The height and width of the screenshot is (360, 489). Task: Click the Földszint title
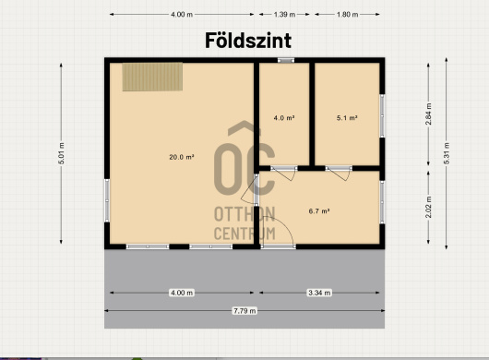pyautogui.click(x=248, y=41)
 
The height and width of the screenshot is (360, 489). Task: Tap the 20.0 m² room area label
pyautogui.click(x=182, y=157)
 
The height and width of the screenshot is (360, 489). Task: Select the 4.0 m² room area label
pyautogui.click(x=284, y=118)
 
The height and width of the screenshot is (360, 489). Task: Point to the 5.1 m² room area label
pyautogui.click(x=347, y=118)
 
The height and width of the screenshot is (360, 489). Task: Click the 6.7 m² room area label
pyautogui.click(x=319, y=211)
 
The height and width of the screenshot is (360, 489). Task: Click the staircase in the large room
pyautogui.click(x=152, y=77)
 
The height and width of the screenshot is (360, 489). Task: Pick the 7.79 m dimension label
pyautogui.click(x=244, y=311)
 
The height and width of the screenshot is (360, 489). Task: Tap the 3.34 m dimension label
pyautogui.click(x=319, y=293)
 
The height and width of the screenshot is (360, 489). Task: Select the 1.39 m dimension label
pyautogui.click(x=284, y=15)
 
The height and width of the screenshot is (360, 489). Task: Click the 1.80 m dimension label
pyautogui.click(x=347, y=15)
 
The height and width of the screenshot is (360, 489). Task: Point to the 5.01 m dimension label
pyautogui.click(x=62, y=153)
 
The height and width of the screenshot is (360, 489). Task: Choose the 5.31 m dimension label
pyautogui.click(x=447, y=153)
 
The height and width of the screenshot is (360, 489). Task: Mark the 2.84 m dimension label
pyautogui.click(x=428, y=114)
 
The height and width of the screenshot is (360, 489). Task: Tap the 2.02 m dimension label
pyautogui.click(x=428, y=207)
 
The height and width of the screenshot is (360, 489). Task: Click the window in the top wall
pyautogui.click(x=286, y=60)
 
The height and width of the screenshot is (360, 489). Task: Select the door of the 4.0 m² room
pyautogui.click(x=283, y=173)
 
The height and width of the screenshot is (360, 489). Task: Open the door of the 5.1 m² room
pyautogui.click(x=339, y=173)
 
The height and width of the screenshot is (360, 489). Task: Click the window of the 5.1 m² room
pyautogui.click(x=382, y=115)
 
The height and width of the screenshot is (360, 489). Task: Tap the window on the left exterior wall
pyautogui.click(x=107, y=200)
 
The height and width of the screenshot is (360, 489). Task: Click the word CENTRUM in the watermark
pyautogui.click(x=244, y=234)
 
